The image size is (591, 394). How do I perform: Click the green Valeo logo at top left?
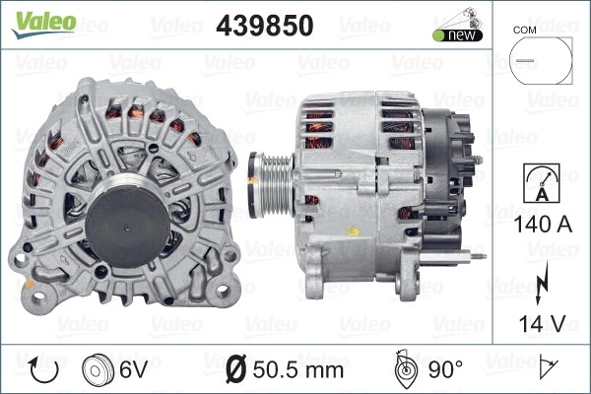43,24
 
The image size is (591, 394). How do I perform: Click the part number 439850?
265,26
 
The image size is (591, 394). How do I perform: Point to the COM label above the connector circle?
524,31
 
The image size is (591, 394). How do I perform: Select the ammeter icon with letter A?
542,183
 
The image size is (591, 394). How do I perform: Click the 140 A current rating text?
543,224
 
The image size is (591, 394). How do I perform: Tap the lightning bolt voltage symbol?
541,282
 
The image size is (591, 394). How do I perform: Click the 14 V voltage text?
542,323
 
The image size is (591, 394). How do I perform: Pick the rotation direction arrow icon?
44,370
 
